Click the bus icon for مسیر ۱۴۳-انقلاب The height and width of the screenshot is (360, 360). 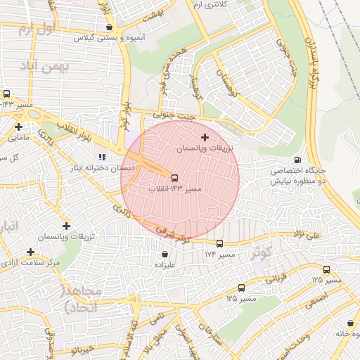[174, 178]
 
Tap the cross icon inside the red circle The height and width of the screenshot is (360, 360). [205, 137]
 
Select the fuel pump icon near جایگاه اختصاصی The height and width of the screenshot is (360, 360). [298, 160]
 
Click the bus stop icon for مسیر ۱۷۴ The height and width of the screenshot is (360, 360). [219, 243]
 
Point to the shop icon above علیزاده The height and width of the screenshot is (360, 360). [165, 254]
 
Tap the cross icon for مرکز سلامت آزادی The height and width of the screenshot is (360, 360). [30, 252]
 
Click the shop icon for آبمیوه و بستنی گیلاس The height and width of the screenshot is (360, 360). [108, 27]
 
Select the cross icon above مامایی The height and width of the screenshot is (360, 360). [19, 127]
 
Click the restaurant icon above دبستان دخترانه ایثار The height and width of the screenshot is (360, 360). [102, 157]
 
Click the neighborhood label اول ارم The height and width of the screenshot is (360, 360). [35, 30]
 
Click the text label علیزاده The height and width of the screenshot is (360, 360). [164, 265]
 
